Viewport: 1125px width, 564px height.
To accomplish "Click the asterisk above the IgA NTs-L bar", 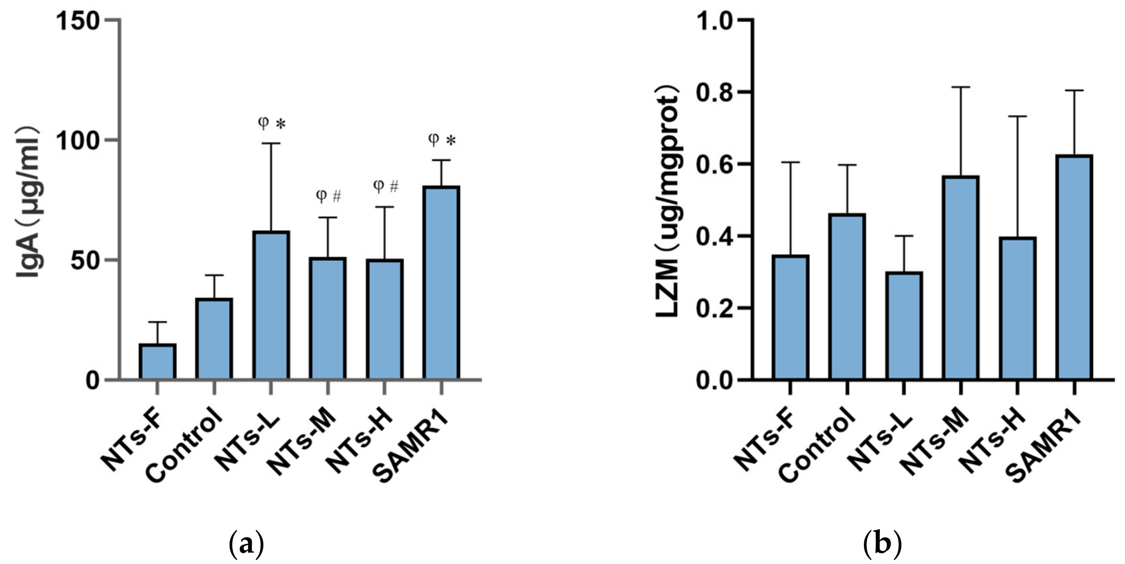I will coord(280,124).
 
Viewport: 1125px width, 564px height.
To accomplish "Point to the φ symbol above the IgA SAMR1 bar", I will coord(433,139).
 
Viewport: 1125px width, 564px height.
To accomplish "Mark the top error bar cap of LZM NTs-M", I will coord(961,87).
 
